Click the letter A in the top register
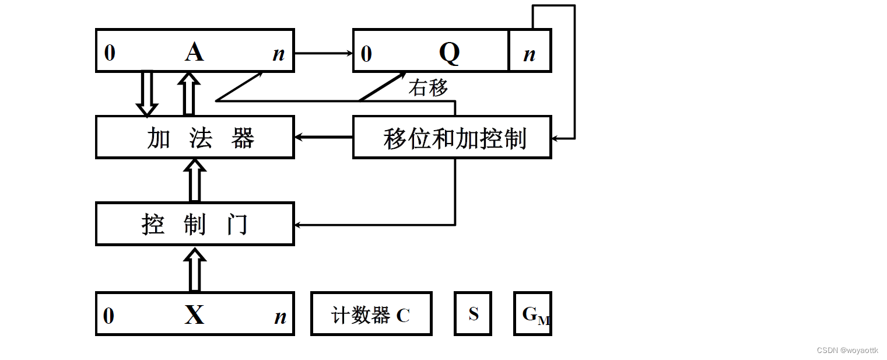pyautogui.click(x=194, y=52)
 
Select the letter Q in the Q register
pyautogui.click(x=449, y=53)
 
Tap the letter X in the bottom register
pyautogui.click(x=194, y=315)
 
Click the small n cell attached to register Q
pyautogui.click(x=530, y=54)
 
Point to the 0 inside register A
pyautogui.click(x=110, y=54)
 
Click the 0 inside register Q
pyautogui.click(x=366, y=54)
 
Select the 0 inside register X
pyautogui.click(x=109, y=316)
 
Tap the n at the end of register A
pyautogui.click(x=279, y=54)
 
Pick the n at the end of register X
pyautogui.click(x=280, y=317)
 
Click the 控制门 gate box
pyautogui.click(x=195, y=224)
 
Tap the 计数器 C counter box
pyautogui.click(x=371, y=314)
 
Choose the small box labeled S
pyautogui.click(x=473, y=314)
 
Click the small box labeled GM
pyautogui.click(x=532, y=314)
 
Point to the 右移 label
pyautogui.click(x=428, y=88)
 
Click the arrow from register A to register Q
pyautogui.click(x=324, y=53)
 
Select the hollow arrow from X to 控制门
pyautogui.click(x=195, y=269)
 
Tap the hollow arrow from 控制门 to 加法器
pyautogui.click(x=195, y=180)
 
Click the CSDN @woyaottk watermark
pyautogui.click(x=847, y=350)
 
